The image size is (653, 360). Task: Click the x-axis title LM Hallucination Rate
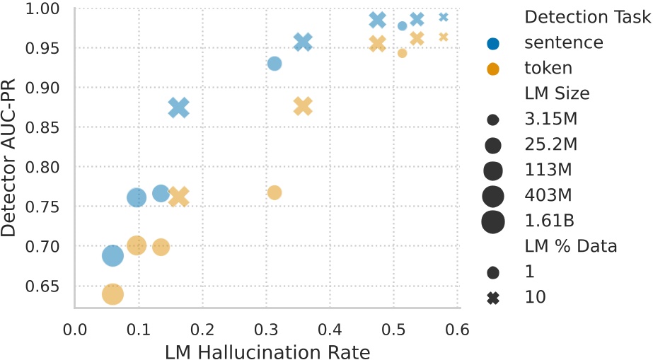tap(267, 351)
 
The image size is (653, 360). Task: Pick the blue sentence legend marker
tap(493, 42)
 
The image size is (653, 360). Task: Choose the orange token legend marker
tap(493, 69)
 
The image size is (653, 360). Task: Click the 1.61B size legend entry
tap(493, 221)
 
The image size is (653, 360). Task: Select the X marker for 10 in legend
tap(493, 298)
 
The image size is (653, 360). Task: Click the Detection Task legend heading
tap(586, 17)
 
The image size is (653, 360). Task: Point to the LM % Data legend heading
tap(570, 246)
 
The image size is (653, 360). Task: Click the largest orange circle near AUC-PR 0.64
tap(112, 294)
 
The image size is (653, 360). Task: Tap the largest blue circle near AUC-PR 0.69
tap(112, 255)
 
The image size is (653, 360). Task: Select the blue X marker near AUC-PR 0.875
tap(179, 108)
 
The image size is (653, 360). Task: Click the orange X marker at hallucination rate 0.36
tap(303, 106)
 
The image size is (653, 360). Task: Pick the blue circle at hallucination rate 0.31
tap(275, 64)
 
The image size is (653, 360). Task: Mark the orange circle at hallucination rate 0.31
tap(275, 192)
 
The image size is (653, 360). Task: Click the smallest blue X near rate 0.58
tap(444, 17)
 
